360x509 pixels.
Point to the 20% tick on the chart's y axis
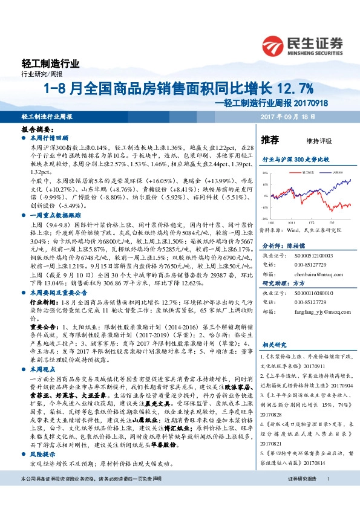pos(264,173)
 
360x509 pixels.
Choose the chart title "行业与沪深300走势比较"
pos(296,160)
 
